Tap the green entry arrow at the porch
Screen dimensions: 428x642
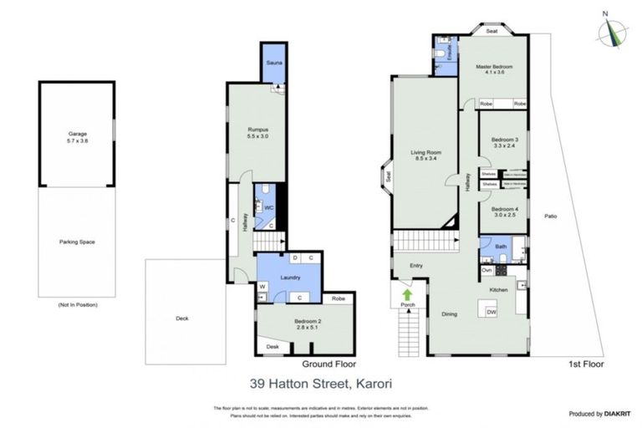tap(407, 295)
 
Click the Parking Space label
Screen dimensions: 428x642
tap(77, 242)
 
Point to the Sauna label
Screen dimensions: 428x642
tap(273, 64)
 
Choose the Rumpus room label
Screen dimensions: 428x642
tap(257, 132)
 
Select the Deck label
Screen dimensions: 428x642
tap(182, 318)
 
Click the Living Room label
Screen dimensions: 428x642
tap(425, 156)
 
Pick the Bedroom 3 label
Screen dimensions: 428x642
tap(504, 143)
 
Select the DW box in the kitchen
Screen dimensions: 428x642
tap(492, 312)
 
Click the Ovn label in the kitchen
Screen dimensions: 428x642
tap(487, 270)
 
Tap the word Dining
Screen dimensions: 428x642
tap(449, 314)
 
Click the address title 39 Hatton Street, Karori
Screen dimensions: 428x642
tap(320, 385)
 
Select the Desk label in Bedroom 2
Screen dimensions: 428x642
tap(273, 346)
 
